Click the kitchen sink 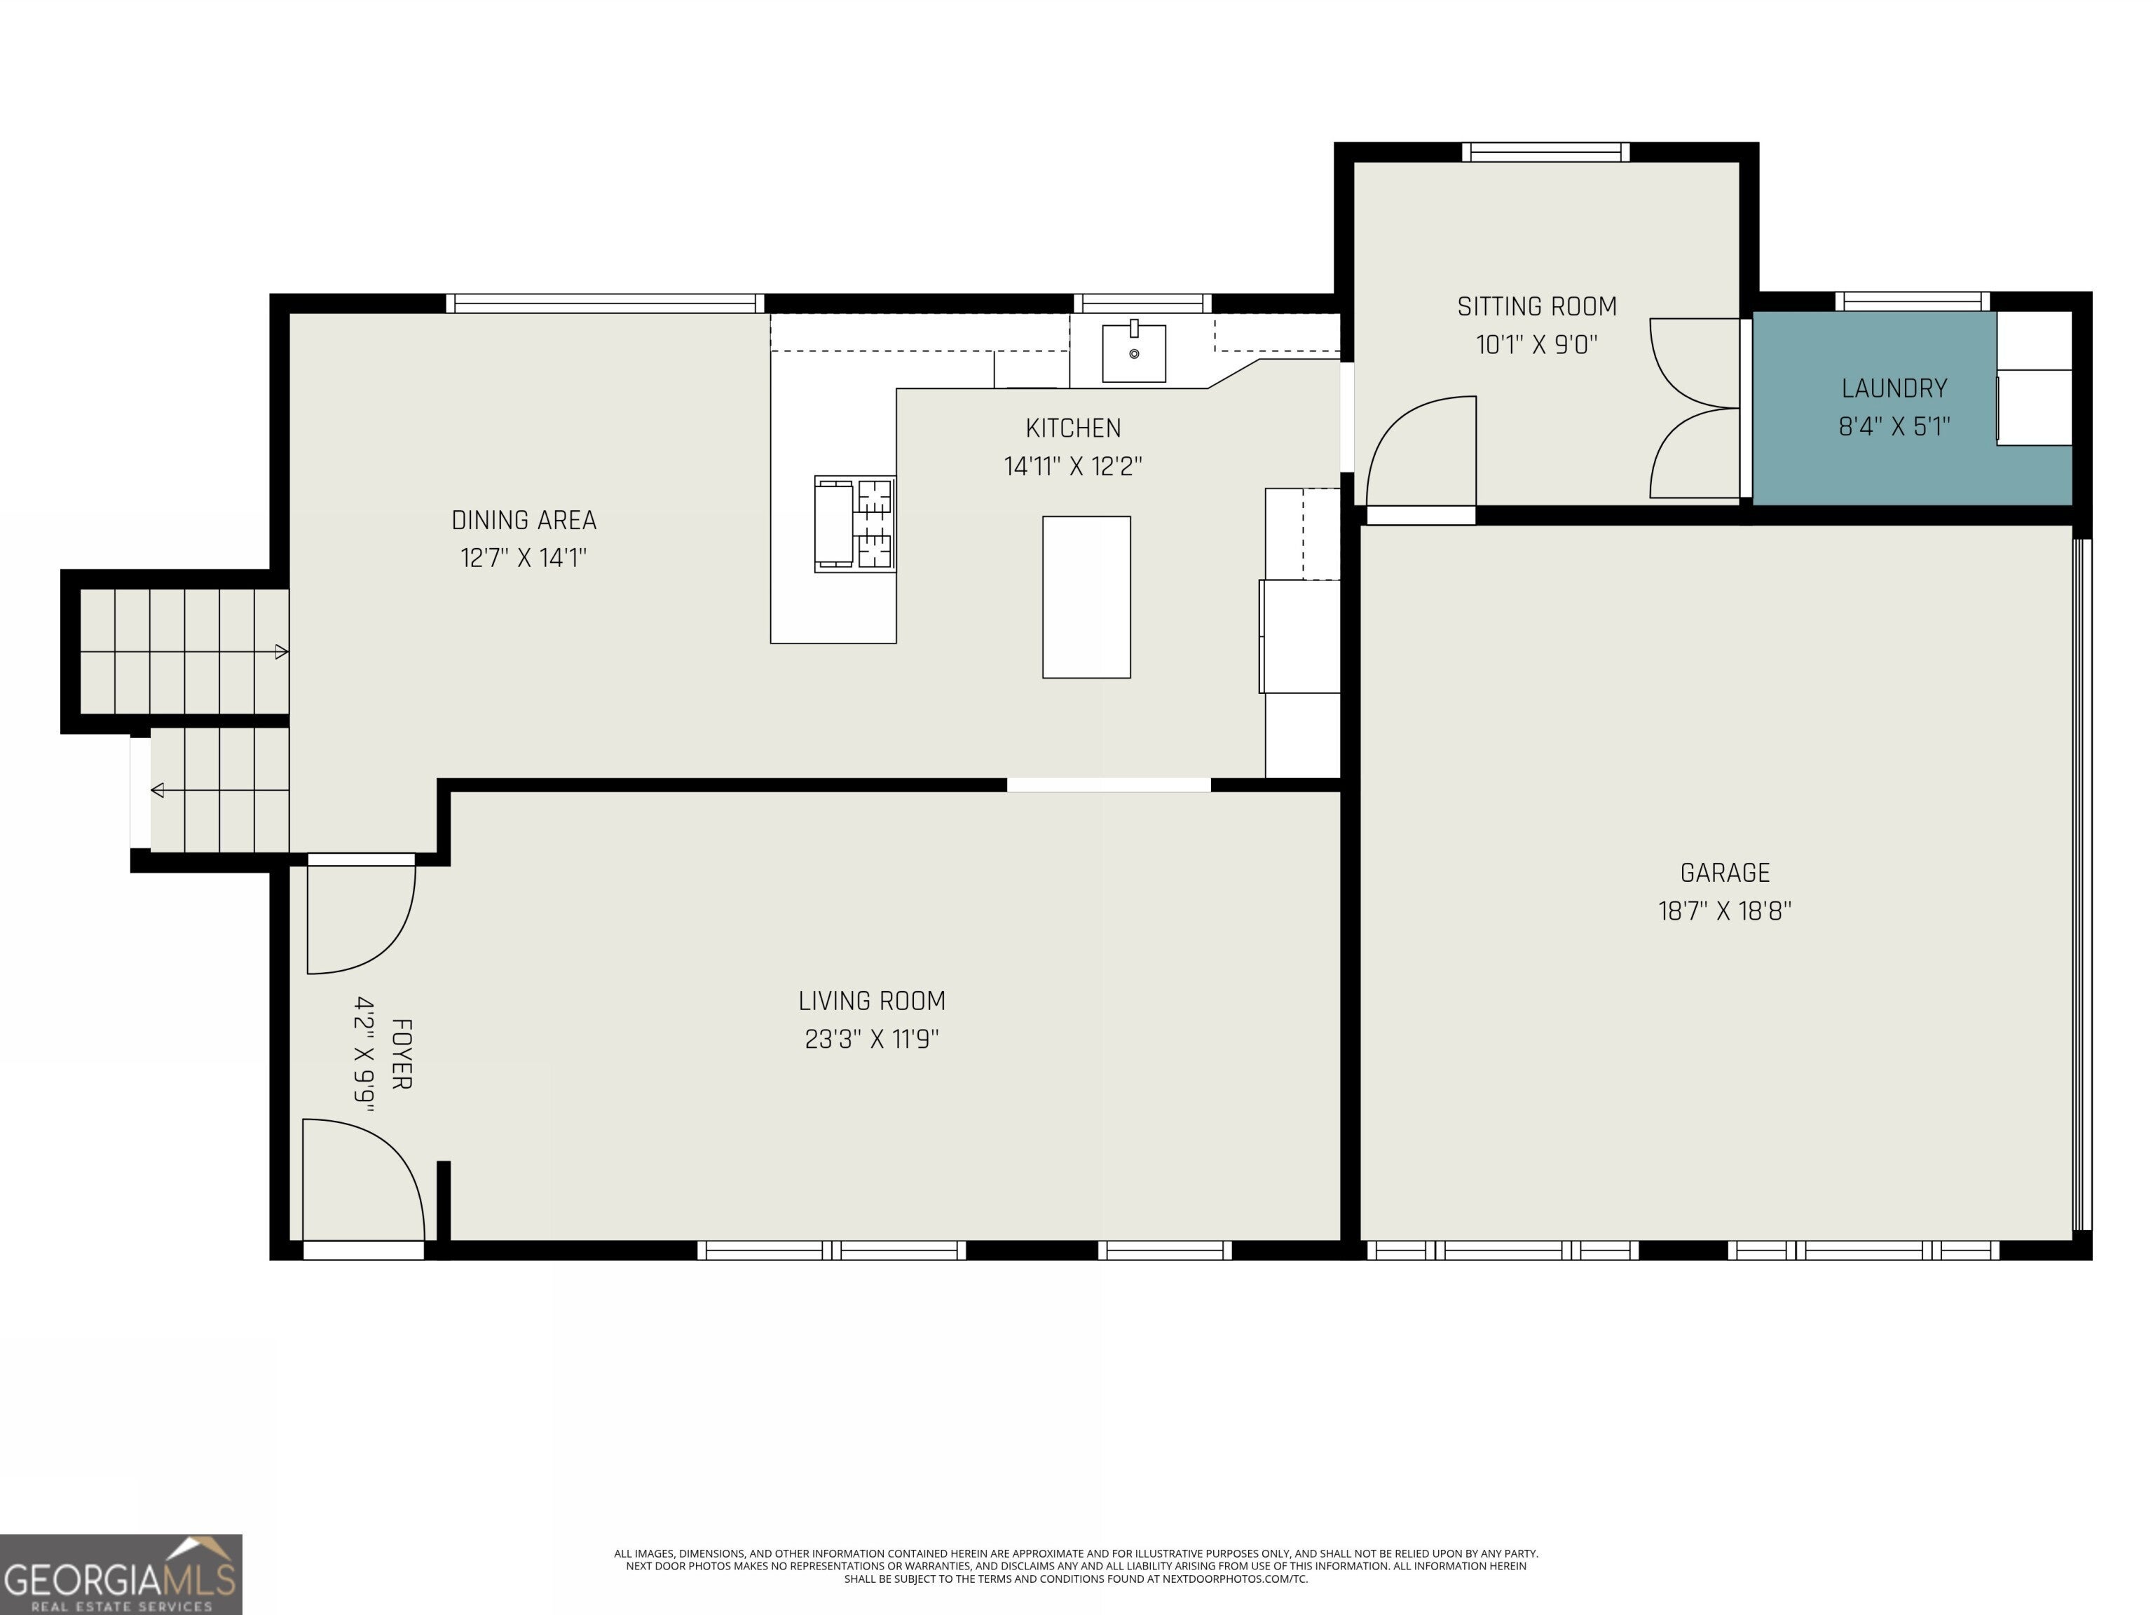tap(1134, 353)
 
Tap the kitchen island tap(1086, 597)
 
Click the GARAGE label tap(1725, 872)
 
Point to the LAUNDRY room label tap(1894, 388)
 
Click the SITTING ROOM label tap(1537, 306)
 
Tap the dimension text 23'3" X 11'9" tap(871, 1039)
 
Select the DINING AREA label tap(524, 520)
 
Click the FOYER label tap(401, 1054)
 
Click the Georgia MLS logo tap(121, 1574)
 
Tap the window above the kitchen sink tap(1142, 303)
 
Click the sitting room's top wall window tap(1545, 152)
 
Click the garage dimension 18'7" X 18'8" tap(1725, 911)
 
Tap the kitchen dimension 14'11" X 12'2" tap(1072, 465)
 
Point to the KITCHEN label tap(1072, 428)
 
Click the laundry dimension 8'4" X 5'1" tap(1894, 425)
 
